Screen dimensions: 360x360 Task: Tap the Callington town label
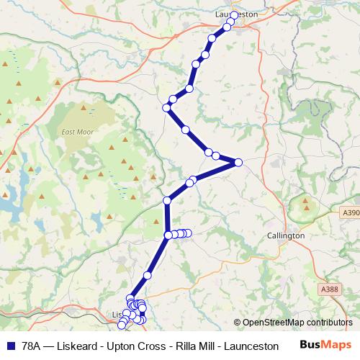point(286,235)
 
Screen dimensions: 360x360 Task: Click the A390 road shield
point(351,213)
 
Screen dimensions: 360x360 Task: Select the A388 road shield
point(329,289)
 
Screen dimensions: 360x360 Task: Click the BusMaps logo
point(330,345)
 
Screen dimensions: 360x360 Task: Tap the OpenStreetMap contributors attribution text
point(292,323)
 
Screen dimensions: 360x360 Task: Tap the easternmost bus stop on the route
point(238,162)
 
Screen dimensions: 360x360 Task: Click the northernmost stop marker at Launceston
point(234,15)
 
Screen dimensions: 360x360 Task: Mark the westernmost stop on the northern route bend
point(166,108)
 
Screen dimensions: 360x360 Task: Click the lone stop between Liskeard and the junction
point(148,275)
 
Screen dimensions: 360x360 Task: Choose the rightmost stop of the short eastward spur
point(188,233)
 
